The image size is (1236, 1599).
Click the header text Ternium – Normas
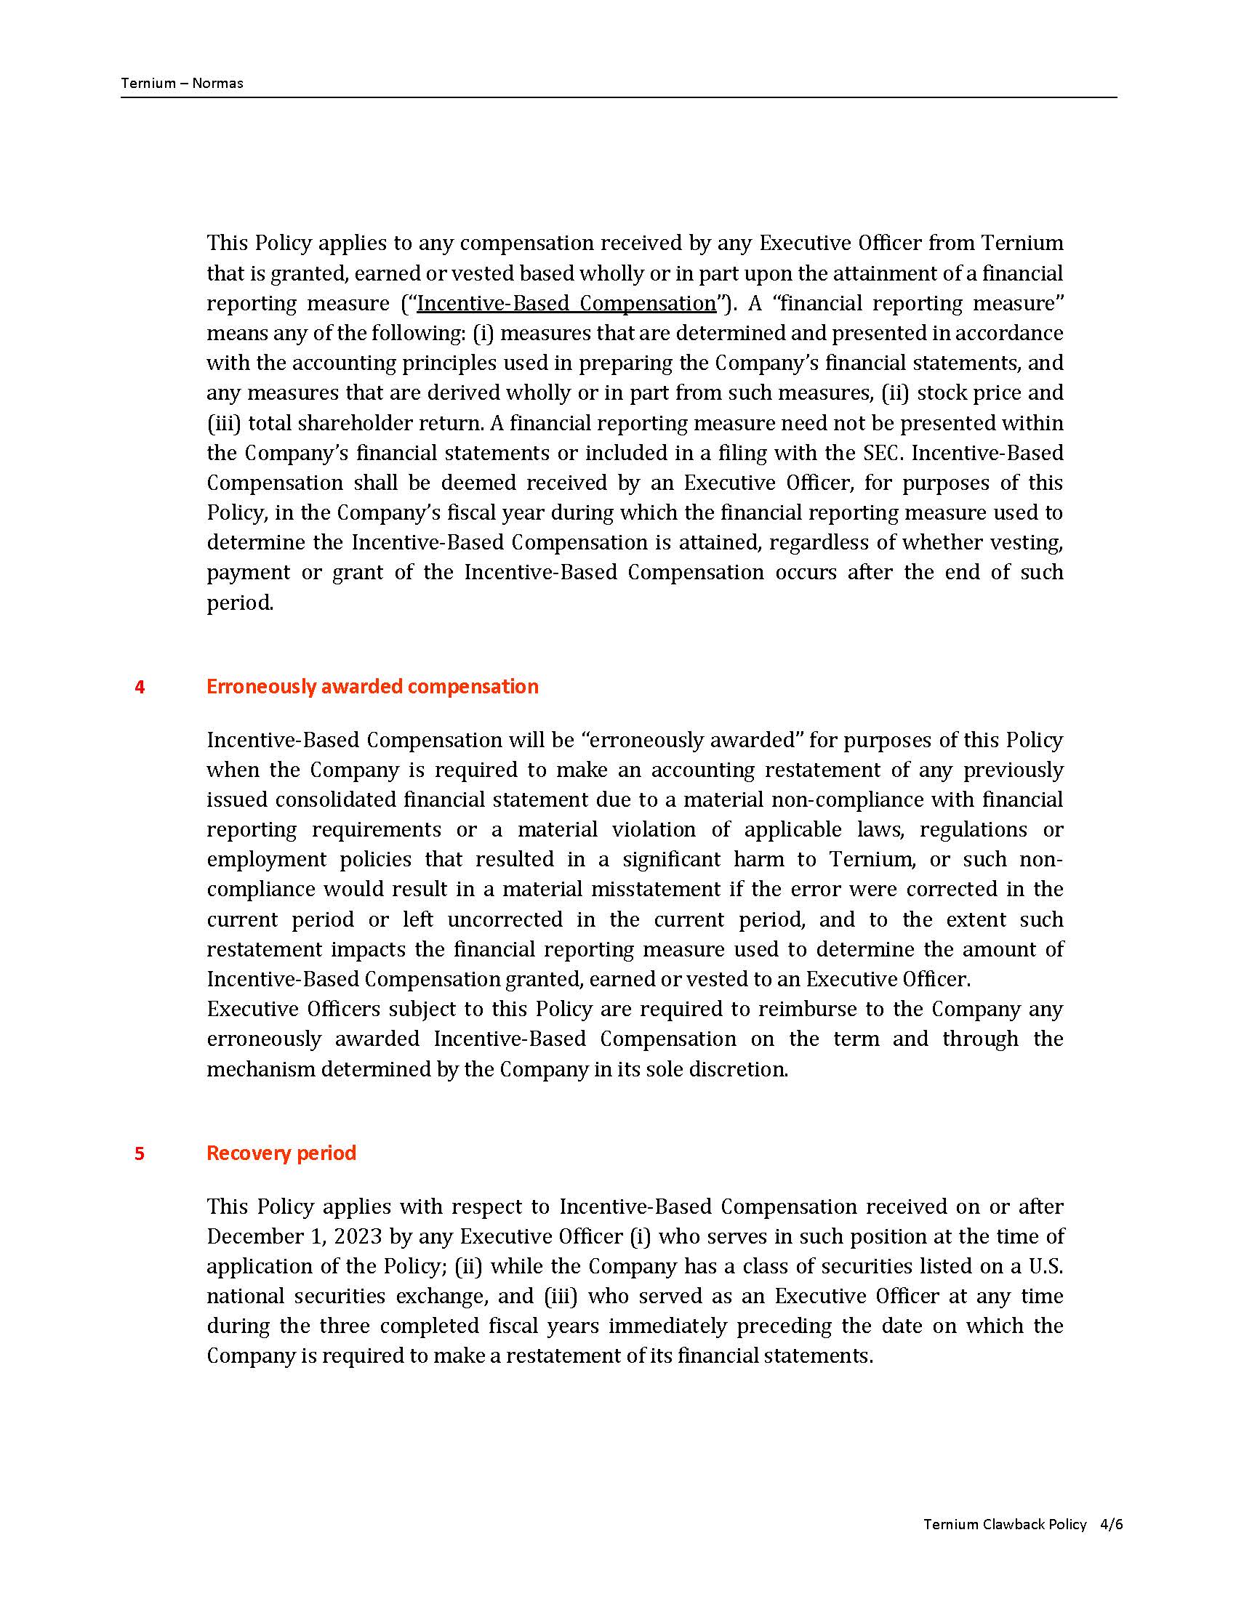click(182, 83)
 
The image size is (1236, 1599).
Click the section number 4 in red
click(139, 687)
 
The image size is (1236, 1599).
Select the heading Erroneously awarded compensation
click(372, 686)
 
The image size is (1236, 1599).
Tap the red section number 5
click(139, 1154)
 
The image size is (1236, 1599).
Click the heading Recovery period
click(281, 1153)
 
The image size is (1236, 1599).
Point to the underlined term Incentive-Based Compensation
click(566, 303)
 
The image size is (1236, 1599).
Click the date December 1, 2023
click(294, 1236)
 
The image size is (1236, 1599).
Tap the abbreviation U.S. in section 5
click(1045, 1267)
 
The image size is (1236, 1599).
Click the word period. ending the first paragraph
click(239, 603)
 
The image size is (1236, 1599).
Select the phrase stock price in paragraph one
click(968, 393)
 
